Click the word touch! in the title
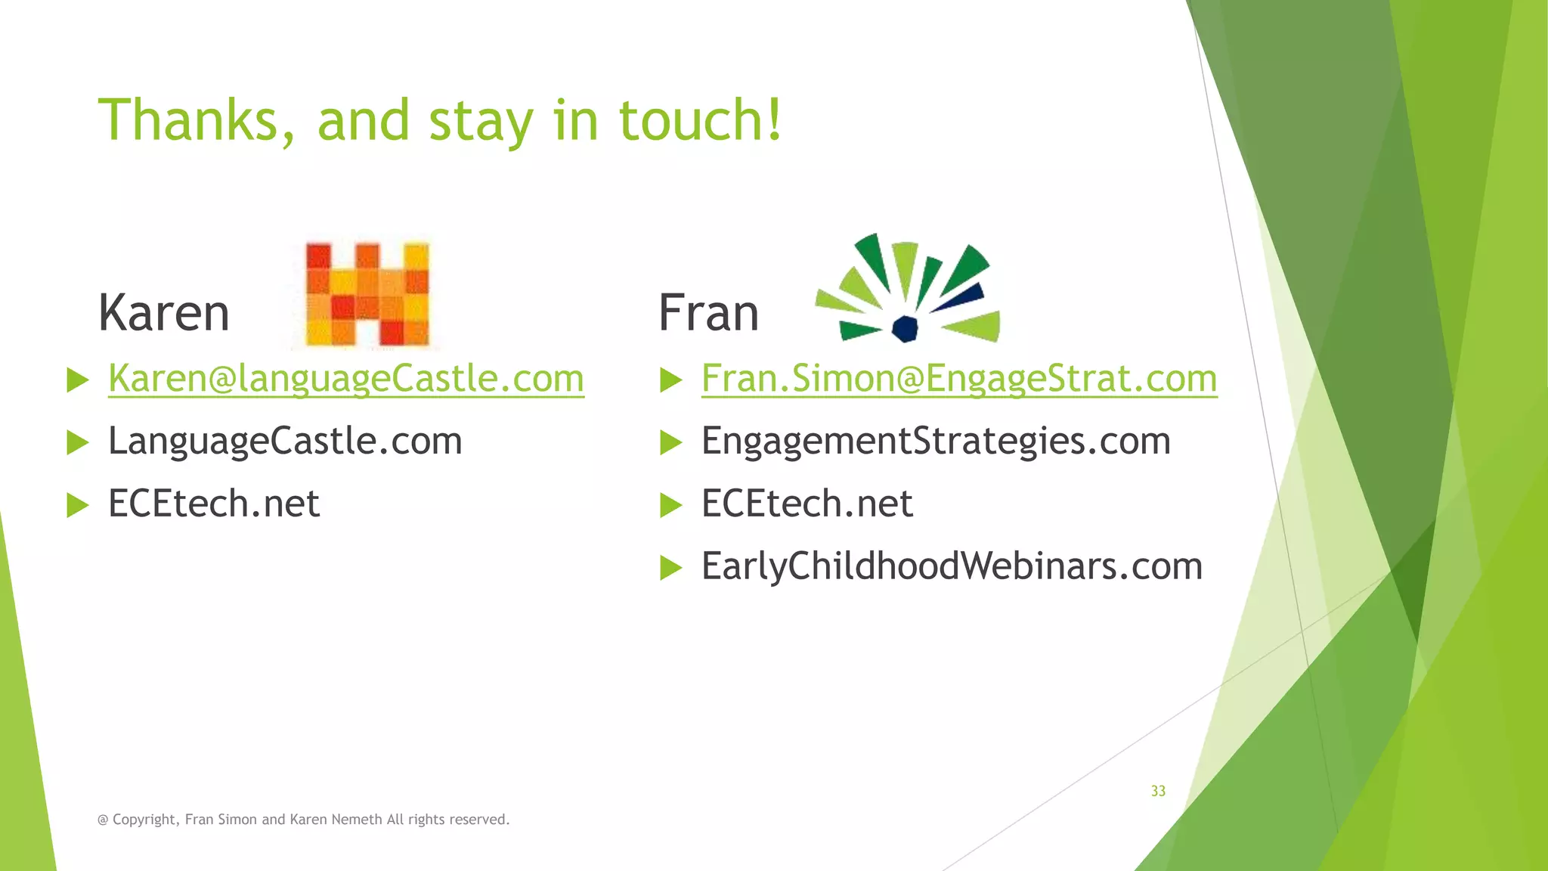(x=700, y=121)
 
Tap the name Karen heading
(x=164, y=313)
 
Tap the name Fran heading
(x=708, y=313)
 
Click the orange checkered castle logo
(x=367, y=294)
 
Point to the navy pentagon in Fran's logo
(x=905, y=329)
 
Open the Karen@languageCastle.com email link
(x=346, y=378)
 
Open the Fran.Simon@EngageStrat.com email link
(x=958, y=378)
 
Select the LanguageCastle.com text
(x=285, y=441)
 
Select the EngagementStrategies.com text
(x=936, y=441)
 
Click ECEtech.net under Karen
(x=214, y=504)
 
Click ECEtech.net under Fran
(x=807, y=504)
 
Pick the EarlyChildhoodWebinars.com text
(x=951, y=566)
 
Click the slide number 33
(x=1158, y=791)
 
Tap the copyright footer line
(x=304, y=820)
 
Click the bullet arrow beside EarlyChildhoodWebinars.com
(x=670, y=567)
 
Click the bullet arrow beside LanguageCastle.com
(x=77, y=442)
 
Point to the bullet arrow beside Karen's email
(x=77, y=380)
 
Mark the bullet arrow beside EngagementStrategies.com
(x=670, y=442)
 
